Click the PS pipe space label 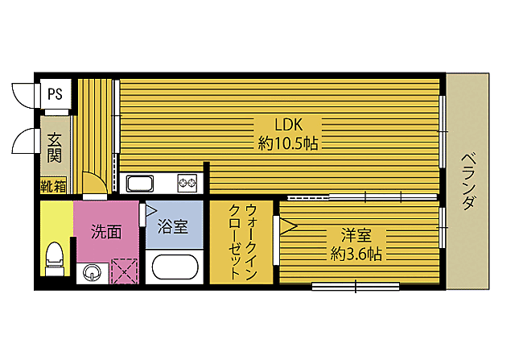point(55,94)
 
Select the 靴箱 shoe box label point(53,187)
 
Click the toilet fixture point(55,259)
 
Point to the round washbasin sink point(92,273)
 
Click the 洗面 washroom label point(106,232)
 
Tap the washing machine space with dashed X point(124,271)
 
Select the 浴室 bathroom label point(173,226)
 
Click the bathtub point(175,267)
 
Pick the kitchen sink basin point(140,184)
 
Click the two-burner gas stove point(187,183)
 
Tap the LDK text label point(288,125)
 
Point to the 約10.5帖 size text point(288,143)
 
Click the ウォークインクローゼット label point(242,242)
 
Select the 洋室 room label point(356,235)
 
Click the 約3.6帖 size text point(356,254)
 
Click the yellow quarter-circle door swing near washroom point(94,183)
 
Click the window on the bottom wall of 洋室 point(356,287)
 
